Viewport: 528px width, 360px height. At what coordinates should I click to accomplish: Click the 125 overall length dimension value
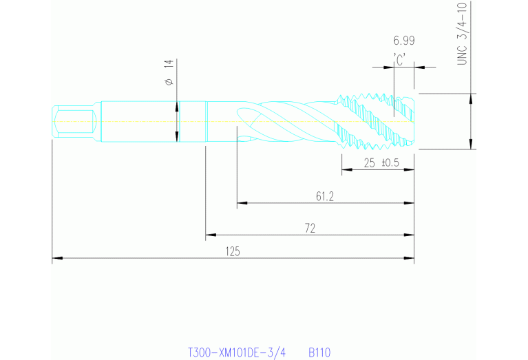pyautogui.click(x=233, y=252)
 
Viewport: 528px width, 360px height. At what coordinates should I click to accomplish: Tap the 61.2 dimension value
pyautogui.click(x=325, y=197)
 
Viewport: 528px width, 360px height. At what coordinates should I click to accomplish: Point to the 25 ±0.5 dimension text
pyautogui.click(x=381, y=163)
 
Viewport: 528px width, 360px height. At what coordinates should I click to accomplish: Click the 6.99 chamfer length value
pyautogui.click(x=404, y=41)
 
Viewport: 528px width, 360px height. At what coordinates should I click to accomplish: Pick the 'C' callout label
pyautogui.click(x=399, y=60)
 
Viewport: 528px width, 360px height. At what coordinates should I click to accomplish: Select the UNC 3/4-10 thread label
pyautogui.click(x=463, y=33)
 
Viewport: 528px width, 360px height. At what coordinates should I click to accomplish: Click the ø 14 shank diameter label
pyautogui.click(x=169, y=72)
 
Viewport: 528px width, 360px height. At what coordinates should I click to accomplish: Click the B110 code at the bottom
pyautogui.click(x=319, y=352)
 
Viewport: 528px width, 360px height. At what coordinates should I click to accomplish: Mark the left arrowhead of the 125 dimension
pyautogui.click(x=56, y=258)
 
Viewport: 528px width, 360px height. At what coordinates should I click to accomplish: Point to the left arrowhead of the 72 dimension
pyautogui.click(x=210, y=236)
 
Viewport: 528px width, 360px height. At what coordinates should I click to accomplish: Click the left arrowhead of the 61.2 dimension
pyautogui.click(x=241, y=203)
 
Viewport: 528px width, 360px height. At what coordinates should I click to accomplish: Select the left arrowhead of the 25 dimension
pyautogui.click(x=346, y=170)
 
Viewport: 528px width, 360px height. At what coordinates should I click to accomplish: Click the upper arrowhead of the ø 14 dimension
pyautogui.click(x=178, y=106)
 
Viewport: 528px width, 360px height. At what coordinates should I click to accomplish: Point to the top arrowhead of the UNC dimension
pyautogui.click(x=471, y=97)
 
